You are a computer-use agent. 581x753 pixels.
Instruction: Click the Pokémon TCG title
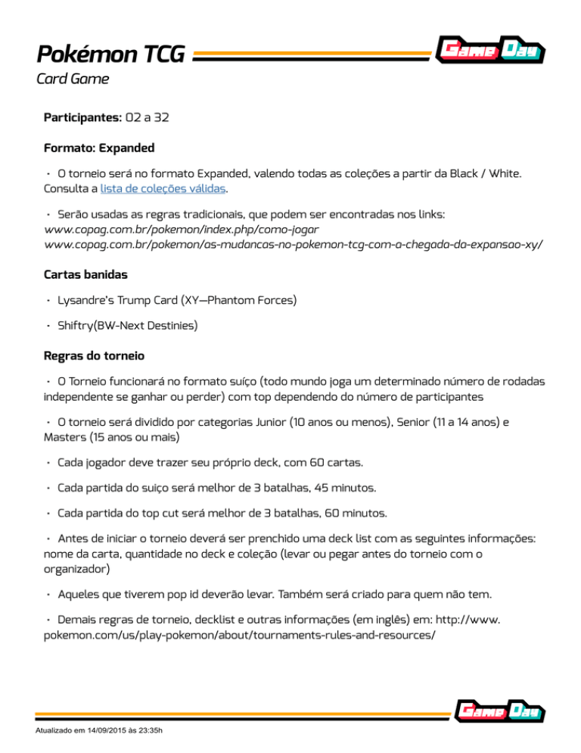point(110,55)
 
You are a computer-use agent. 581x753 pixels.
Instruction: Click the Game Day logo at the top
point(491,51)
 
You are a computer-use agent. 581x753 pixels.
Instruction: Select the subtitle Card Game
point(73,78)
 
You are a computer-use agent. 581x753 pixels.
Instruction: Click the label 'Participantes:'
point(82,118)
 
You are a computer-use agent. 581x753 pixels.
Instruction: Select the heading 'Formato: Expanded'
point(102,146)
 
